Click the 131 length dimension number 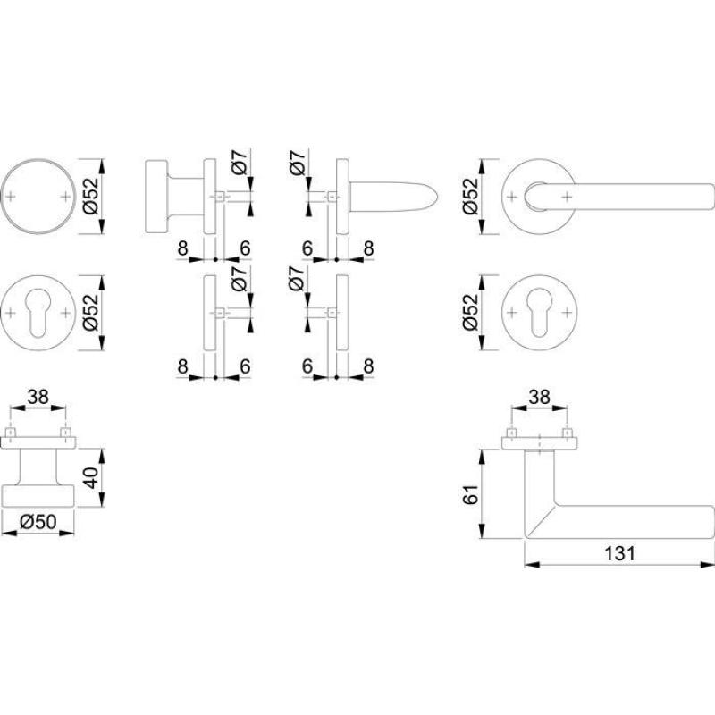point(619,553)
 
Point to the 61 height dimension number point(471,494)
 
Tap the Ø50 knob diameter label point(38,521)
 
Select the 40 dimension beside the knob point(92,477)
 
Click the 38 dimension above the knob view point(38,397)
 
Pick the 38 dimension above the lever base point(540,397)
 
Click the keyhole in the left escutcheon point(38,314)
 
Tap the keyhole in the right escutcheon point(539,313)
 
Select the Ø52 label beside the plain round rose point(91,196)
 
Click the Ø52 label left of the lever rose point(471,196)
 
